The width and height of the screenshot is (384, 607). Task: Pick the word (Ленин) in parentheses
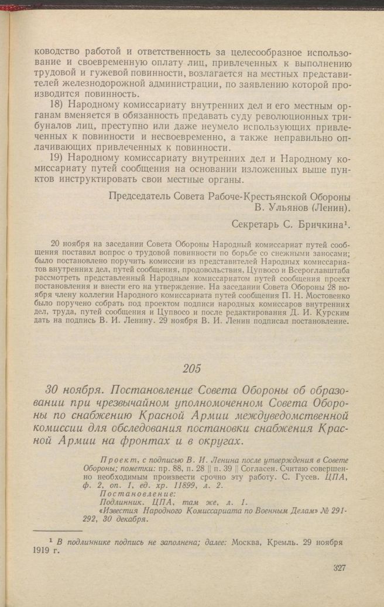[x=328, y=207]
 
